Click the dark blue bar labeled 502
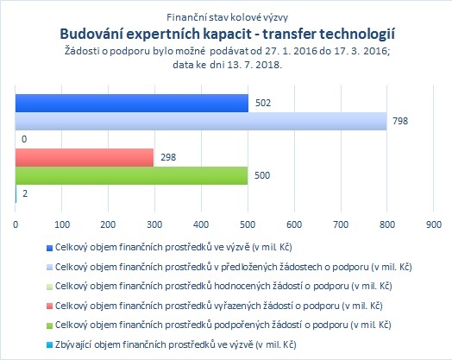tap(132, 103)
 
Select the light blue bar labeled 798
tap(201, 121)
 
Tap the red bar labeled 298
tap(85, 157)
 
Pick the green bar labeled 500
tap(131, 175)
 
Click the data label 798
tap(400, 121)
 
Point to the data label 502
tap(263, 103)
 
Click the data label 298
tap(168, 157)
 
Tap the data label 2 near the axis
tap(25, 193)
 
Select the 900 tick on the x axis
tap(434, 224)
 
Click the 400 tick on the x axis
tap(201, 224)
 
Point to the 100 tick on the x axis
tap(62, 224)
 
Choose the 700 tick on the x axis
tap(341, 224)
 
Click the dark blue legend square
tap(49, 248)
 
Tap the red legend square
tap(49, 306)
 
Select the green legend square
tap(49, 325)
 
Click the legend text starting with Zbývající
tap(176, 344)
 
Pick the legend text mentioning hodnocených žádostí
tap(223, 286)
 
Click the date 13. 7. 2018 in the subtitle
tap(254, 65)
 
